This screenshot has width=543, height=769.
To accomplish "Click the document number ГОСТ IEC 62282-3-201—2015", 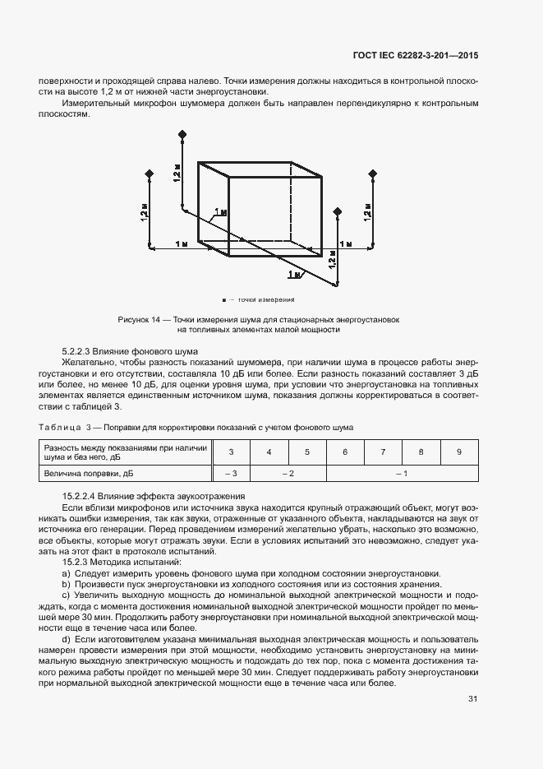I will point(414,55).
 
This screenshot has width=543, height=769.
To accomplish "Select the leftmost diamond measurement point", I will point(150,174).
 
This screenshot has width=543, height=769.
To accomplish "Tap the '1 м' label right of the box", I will point(345,245).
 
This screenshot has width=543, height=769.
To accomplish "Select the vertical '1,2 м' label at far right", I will point(367,210).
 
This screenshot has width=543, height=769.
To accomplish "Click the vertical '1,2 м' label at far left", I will point(145,211).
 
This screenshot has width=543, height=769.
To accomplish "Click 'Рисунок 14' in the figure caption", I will point(139,319).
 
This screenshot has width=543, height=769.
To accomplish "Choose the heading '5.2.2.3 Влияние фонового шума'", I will point(136,350).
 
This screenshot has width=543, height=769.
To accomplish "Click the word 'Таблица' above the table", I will point(60,428).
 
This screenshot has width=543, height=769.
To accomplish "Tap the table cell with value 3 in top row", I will point(231,452).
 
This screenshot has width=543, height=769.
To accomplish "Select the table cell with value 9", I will point(458,452).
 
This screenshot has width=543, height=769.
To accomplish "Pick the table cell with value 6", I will point(345,452).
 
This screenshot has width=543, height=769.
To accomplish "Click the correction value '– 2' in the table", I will point(288,475).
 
